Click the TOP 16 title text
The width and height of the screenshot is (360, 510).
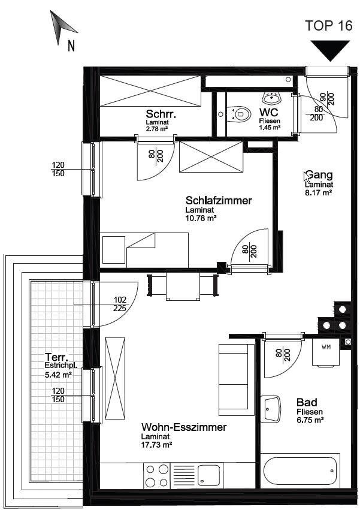coord(328,25)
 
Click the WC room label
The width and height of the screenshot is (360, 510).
coord(268,112)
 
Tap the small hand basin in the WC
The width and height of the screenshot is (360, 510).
coord(271,97)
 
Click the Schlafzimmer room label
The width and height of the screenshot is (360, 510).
coord(219,200)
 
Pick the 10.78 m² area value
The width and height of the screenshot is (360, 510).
coord(201,218)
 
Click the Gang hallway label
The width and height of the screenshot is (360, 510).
coord(319,175)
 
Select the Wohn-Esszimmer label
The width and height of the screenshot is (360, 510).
coord(184,427)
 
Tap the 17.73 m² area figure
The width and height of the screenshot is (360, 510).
coord(156,444)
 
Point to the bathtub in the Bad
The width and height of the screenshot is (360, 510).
coord(300,470)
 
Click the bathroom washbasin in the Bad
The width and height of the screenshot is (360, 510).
coord(270,409)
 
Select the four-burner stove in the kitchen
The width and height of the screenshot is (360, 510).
coord(157,475)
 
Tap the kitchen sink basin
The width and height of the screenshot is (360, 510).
coord(209,475)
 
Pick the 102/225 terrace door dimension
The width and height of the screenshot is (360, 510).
coord(120,304)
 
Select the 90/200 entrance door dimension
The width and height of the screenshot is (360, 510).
coord(327,99)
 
